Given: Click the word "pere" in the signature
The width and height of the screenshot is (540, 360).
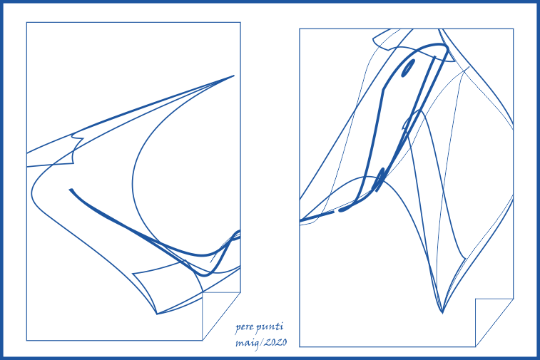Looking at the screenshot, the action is point(243,327).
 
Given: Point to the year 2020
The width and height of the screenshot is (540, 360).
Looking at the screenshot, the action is point(275,342).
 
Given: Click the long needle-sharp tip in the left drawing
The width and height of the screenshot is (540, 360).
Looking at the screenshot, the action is point(234,76).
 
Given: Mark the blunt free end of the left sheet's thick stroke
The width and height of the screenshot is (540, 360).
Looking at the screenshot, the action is point(71,190).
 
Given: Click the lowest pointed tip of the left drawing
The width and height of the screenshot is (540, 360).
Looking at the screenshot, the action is point(157,314).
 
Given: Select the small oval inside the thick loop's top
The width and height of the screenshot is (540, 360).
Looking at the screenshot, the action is point(408,68).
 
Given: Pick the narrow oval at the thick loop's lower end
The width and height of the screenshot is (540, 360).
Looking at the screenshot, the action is point(379,180).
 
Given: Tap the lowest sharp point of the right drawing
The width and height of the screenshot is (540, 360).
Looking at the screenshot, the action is point(442,313).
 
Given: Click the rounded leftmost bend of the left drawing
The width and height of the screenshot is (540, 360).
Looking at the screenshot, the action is point(32,190).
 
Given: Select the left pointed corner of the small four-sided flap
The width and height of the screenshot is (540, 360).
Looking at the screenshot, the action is point(133,274).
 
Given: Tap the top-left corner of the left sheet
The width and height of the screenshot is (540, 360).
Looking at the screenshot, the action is point(26,22).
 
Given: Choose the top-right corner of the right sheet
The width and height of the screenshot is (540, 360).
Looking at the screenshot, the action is point(514,29).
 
